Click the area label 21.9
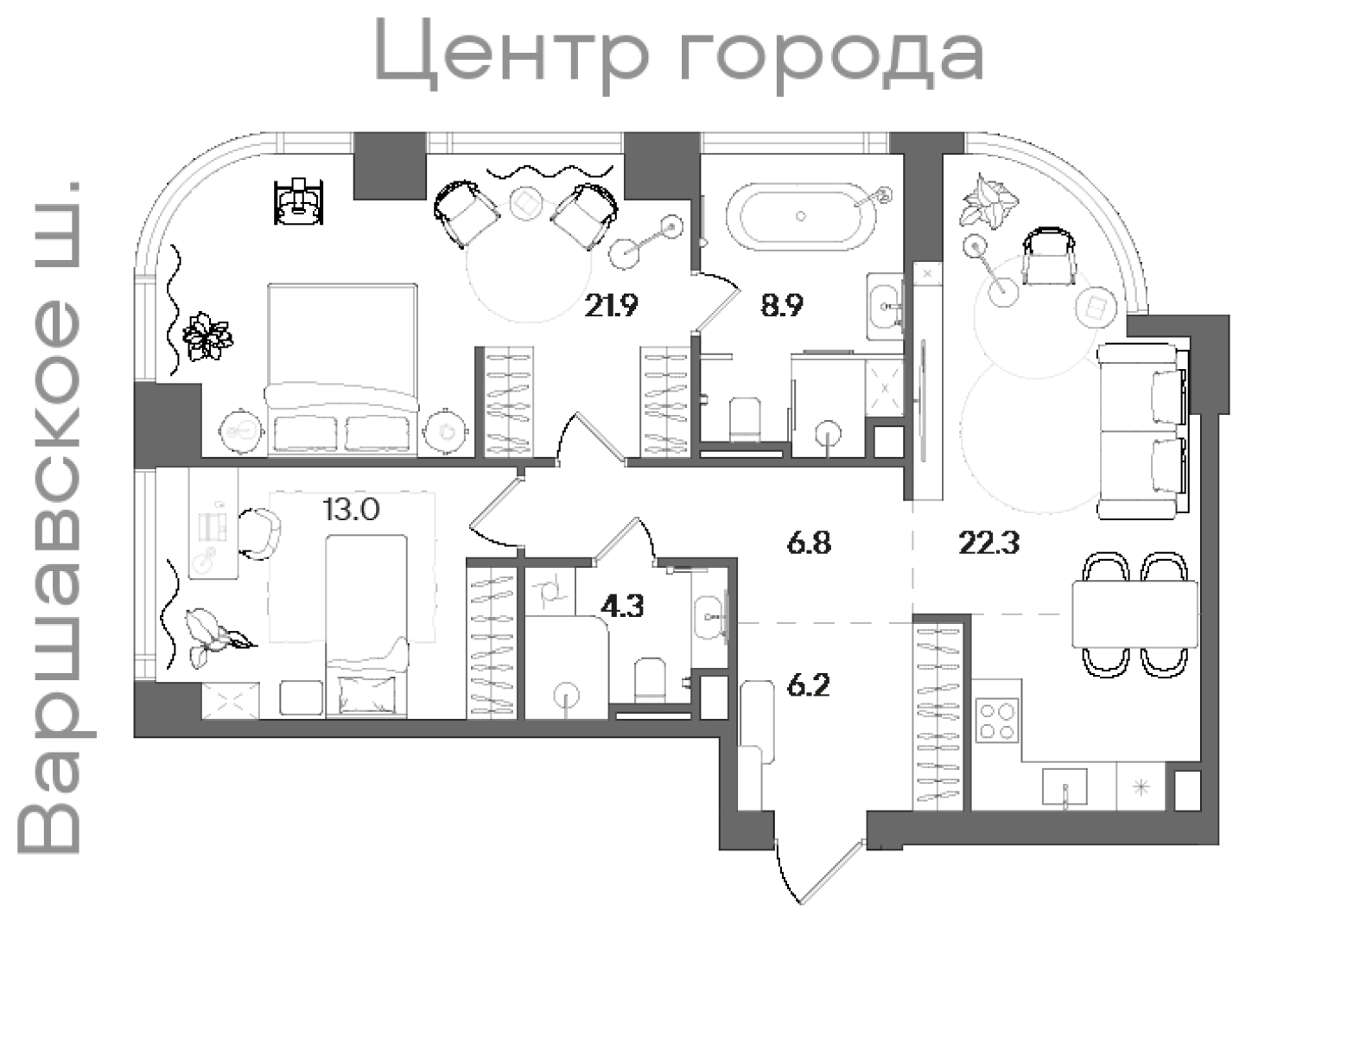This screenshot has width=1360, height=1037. [x=611, y=305]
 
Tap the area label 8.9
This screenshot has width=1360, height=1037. [x=782, y=305]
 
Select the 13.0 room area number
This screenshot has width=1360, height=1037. [x=351, y=510]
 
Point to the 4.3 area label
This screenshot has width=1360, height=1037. [x=622, y=607]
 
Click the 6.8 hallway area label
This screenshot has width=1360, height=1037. [x=809, y=544]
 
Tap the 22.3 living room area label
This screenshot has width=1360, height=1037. [x=989, y=544]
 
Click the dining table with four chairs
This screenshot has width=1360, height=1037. [x=1134, y=614]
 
